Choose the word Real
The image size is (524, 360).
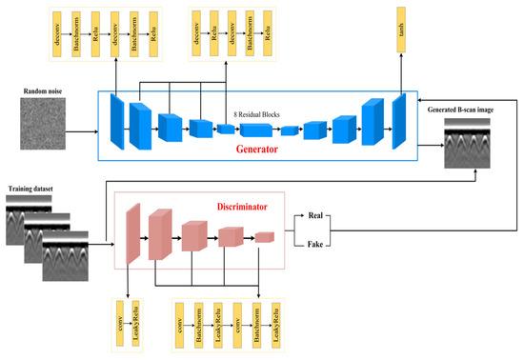[319, 217]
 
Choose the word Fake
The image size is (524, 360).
[319, 246]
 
